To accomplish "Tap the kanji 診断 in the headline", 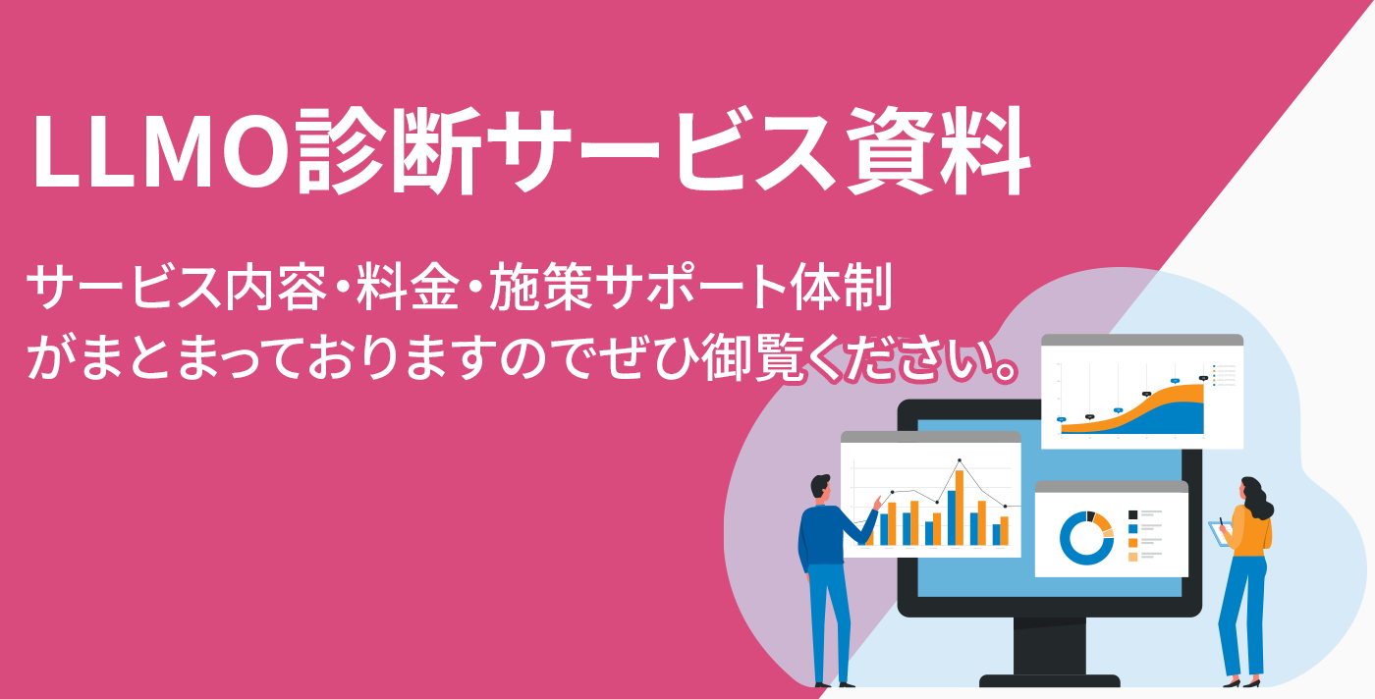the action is (388, 150).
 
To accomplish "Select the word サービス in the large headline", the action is (662, 150).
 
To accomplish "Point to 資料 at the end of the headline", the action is (937, 150).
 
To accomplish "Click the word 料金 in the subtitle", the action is (408, 288).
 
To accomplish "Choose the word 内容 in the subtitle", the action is (276, 288).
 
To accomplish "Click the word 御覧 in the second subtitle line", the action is (752, 357).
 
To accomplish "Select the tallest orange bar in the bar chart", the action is (960, 508).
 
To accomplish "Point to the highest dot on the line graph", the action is (960, 459).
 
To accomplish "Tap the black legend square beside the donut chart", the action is (1133, 514).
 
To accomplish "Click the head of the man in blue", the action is (821, 488).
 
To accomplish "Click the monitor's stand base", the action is (1050, 680).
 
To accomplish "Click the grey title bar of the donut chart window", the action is (1112, 487).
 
